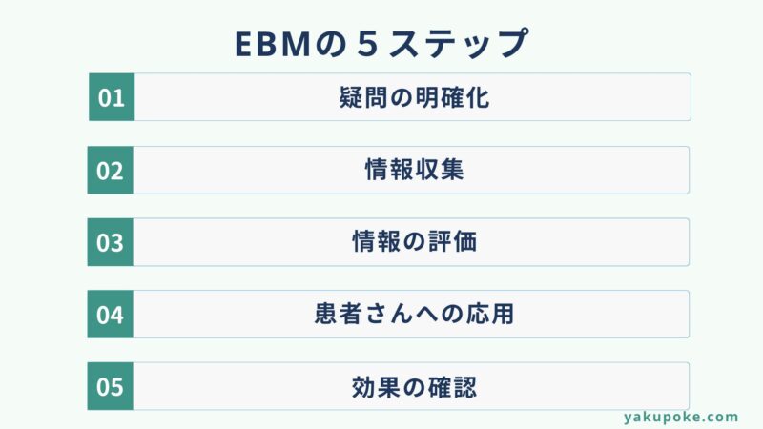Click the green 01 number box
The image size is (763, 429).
[x=112, y=97]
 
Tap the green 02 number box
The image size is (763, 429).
[x=110, y=171]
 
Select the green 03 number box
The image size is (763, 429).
[x=110, y=242]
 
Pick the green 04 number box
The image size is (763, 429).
[x=110, y=315]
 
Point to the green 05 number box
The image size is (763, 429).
[x=110, y=386]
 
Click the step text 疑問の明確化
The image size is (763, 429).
[x=414, y=97]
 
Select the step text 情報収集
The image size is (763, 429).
[x=414, y=170]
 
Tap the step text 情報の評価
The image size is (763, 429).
[x=414, y=242]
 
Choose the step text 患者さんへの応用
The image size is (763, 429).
[x=414, y=314]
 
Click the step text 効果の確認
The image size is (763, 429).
[x=414, y=387]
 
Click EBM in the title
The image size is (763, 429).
[x=273, y=44]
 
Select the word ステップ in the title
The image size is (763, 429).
[x=459, y=44]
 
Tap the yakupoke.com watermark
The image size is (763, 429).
[x=681, y=418]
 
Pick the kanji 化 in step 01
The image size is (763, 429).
[x=478, y=97]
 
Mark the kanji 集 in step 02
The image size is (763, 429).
[x=452, y=170]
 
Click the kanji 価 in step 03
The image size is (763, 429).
[x=464, y=242]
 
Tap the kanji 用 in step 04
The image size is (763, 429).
[x=503, y=314]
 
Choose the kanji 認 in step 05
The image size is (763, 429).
[x=464, y=387]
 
